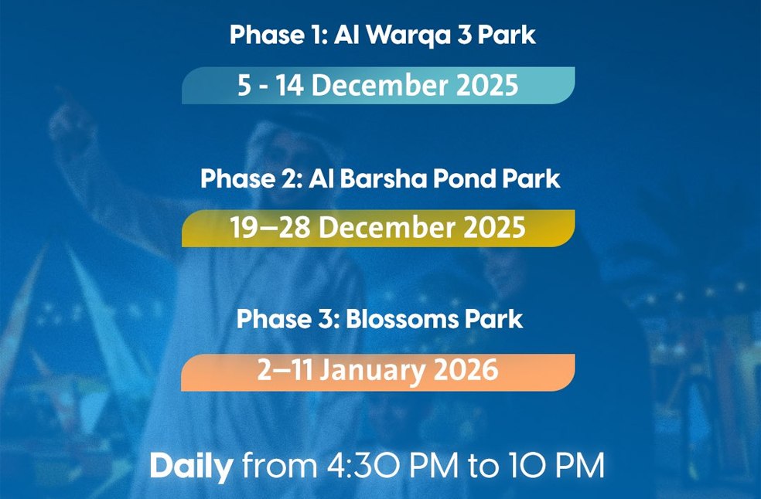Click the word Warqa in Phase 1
pyautogui.click(x=408, y=36)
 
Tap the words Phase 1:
pyautogui.click(x=279, y=35)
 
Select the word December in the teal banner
pyautogui.click(x=380, y=85)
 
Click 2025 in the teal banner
pyautogui.click(x=488, y=85)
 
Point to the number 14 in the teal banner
pyautogui.click(x=290, y=85)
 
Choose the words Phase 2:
pyautogui.click(x=252, y=178)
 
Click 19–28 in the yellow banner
pyautogui.click(x=270, y=228)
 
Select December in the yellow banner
pyautogui.click(x=387, y=228)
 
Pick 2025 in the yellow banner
pyautogui.click(x=494, y=228)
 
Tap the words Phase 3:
pyautogui.click(x=288, y=319)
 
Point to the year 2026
pyautogui.click(x=466, y=370)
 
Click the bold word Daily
pyautogui.click(x=191, y=467)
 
